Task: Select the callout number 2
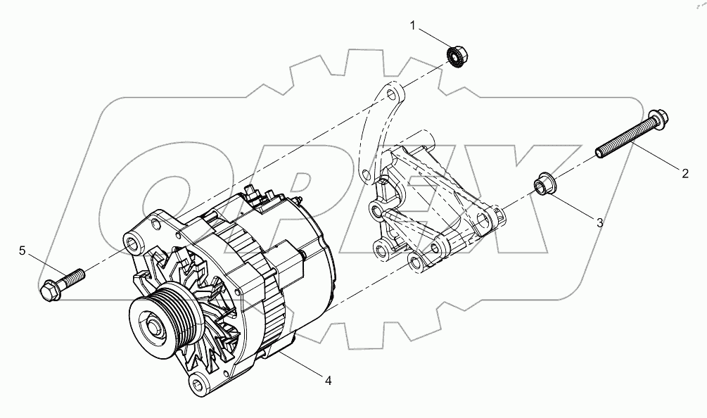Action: point(684,172)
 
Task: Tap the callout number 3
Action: point(599,223)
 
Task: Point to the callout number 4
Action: point(328,381)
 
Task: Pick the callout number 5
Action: point(23,251)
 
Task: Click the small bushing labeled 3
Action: point(542,186)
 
